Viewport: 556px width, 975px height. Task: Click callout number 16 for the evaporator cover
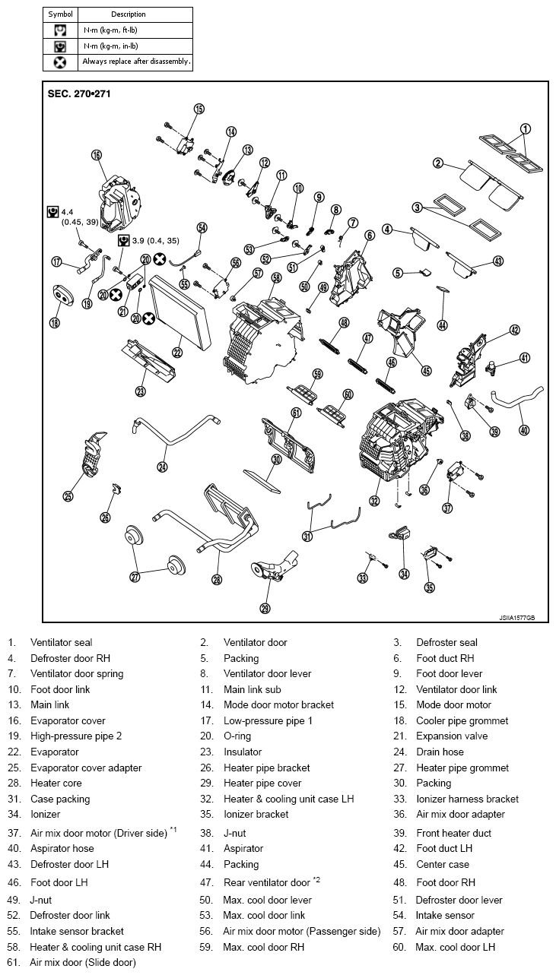(x=97, y=155)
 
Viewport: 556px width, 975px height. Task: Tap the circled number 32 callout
(x=374, y=501)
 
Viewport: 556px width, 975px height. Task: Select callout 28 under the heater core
(x=217, y=579)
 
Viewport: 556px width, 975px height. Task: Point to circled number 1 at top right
(x=526, y=129)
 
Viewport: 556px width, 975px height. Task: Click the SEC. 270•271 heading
(x=79, y=93)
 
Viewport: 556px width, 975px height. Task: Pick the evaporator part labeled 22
(x=181, y=312)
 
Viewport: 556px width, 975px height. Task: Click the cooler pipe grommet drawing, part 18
(x=63, y=296)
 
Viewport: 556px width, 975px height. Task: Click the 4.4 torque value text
(x=67, y=213)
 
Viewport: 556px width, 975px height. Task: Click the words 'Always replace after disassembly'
(x=136, y=62)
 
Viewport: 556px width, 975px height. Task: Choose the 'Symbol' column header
(x=60, y=14)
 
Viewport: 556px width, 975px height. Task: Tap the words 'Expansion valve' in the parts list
(x=452, y=736)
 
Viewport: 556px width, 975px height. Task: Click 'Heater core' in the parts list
(x=56, y=783)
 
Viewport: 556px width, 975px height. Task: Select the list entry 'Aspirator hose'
(x=62, y=848)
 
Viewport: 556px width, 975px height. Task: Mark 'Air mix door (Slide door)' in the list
(x=83, y=962)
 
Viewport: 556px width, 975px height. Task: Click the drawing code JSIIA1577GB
(x=516, y=618)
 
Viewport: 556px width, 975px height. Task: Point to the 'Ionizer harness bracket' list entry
(x=467, y=799)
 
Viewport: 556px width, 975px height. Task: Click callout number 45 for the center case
(x=426, y=371)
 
